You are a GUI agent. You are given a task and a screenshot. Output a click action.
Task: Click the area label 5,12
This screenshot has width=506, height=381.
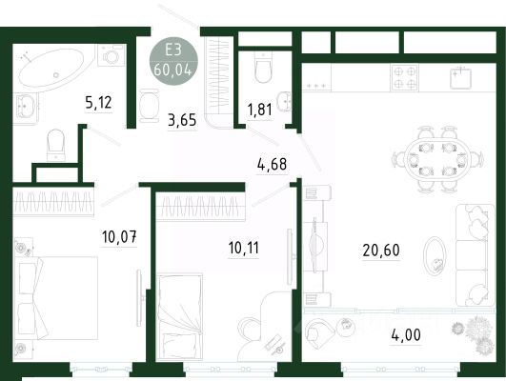pos(98,103)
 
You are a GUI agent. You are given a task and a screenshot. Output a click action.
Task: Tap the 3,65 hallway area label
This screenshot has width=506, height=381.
pos(182,120)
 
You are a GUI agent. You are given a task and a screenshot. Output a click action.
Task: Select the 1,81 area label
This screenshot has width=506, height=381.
pos(259,110)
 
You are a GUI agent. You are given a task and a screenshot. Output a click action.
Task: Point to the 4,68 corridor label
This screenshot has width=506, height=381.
pos(272,164)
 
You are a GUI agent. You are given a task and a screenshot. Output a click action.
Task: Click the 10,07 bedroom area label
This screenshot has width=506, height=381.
pos(119,237)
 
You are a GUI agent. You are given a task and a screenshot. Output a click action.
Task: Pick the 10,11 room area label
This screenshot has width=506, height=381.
pos(244,248)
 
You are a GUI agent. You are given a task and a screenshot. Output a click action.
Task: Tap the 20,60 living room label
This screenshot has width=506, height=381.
pos(381,250)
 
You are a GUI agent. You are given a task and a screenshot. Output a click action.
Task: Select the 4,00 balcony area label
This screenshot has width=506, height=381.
pos(406,335)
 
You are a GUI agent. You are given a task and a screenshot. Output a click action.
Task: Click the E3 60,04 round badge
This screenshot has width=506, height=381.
pos(173,61)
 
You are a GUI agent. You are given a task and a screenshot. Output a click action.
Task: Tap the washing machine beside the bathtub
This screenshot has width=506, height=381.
pos(111,55)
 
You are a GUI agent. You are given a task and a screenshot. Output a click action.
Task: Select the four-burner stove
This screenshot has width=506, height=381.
pos(405,77)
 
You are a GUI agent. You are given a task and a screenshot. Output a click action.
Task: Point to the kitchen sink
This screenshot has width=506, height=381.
pos(461,78)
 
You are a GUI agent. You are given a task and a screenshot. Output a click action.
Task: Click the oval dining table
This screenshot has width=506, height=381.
pos(435,160)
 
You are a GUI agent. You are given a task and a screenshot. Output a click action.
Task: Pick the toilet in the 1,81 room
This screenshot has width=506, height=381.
pos(264,68)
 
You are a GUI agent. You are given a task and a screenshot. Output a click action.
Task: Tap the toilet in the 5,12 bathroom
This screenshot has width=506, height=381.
pos(56,145)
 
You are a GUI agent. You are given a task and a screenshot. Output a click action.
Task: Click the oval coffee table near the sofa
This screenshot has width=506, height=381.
pos(435,256)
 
